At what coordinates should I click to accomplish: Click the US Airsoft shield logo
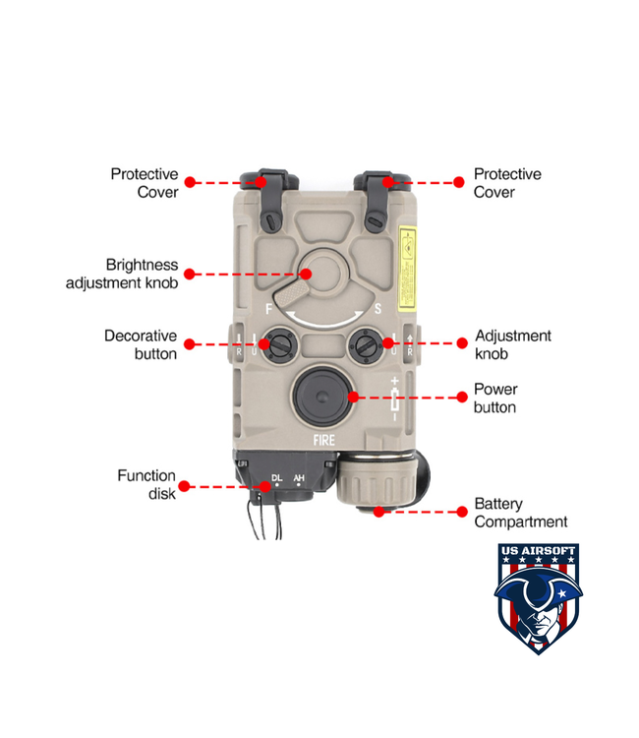(x=537, y=598)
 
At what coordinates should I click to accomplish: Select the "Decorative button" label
(x=141, y=344)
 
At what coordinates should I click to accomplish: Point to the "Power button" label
(x=495, y=398)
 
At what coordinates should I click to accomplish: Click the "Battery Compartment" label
(x=521, y=513)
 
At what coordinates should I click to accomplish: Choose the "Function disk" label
(x=146, y=484)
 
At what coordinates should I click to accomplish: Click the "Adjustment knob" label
(x=513, y=344)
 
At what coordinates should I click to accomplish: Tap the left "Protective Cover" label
(x=145, y=183)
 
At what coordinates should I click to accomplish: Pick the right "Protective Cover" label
(x=507, y=183)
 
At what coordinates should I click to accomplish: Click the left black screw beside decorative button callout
(x=277, y=344)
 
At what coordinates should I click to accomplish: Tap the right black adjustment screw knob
(x=365, y=344)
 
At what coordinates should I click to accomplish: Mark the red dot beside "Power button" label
(x=461, y=398)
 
